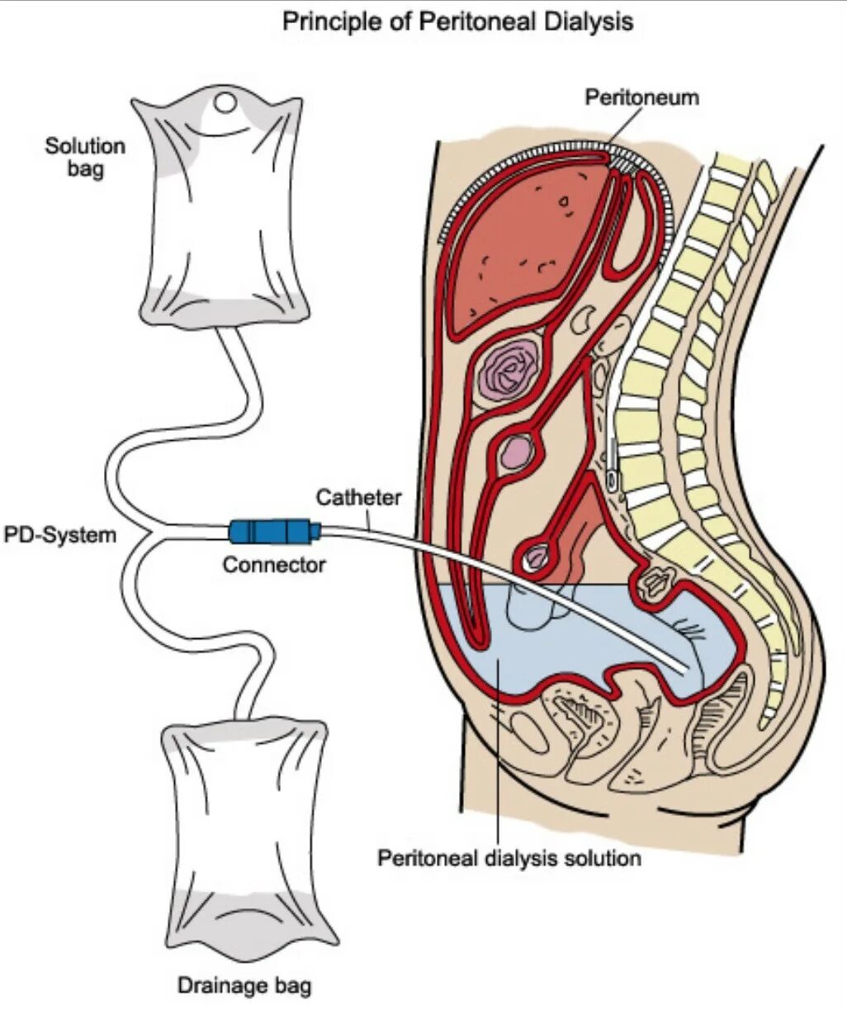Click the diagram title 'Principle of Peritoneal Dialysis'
(x=457, y=22)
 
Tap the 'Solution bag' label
(x=85, y=158)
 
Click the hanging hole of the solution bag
(x=225, y=104)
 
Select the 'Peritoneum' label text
(x=641, y=97)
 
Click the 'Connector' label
(x=273, y=566)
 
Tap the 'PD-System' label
(x=60, y=535)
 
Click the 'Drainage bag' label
(x=244, y=985)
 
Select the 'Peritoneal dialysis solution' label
(x=509, y=858)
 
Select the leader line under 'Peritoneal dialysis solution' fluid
(x=499, y=760)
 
